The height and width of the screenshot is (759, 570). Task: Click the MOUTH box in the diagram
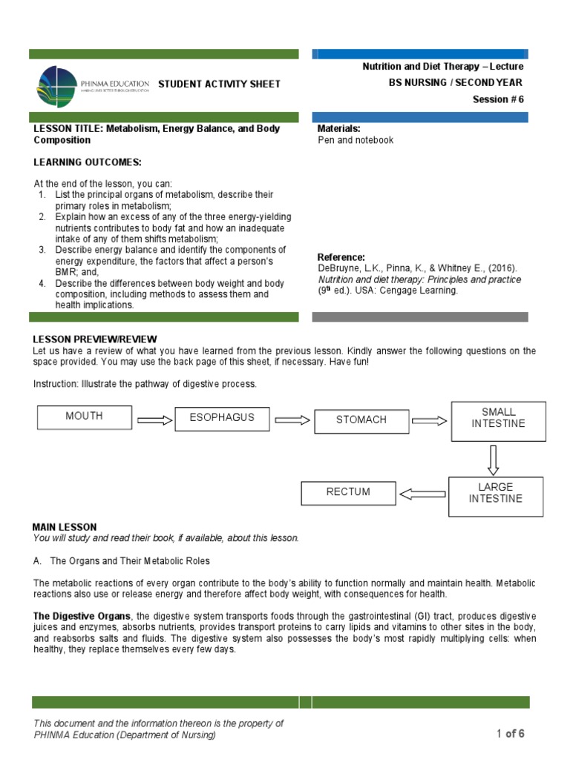[x=85, y=417]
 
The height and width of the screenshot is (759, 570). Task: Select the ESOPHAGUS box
[x=222, y=417]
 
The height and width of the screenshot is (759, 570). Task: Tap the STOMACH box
[x=361, y=420]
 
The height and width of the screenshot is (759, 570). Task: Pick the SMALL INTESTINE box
[x=498, y=418]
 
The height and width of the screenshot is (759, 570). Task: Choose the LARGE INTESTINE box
[x=495, y=493]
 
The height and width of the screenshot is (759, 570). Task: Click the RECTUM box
[x=348, y=492]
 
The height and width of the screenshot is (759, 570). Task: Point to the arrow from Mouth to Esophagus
[x=154, y=420]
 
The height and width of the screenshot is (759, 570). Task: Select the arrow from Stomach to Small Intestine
[x=430, y=420]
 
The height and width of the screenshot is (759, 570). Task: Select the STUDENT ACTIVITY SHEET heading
[x=220, y=84]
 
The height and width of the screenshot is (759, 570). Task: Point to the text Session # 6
[x=498, y=100]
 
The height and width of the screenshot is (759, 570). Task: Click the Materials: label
[x=338, y=129]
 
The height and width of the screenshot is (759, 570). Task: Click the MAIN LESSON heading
[x=65, y=527]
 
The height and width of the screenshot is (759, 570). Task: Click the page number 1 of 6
[x=511, y=734]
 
